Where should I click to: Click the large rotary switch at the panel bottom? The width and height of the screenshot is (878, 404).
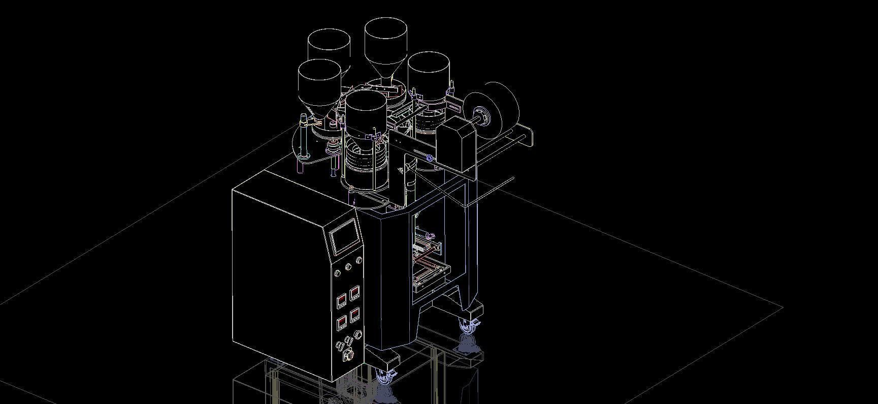click(348, 354)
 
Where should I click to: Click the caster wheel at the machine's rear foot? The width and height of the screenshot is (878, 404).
click(468, 326)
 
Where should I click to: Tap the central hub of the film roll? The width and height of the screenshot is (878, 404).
click(481, 116)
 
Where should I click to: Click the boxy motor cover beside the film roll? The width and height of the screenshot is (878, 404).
click(456, 145)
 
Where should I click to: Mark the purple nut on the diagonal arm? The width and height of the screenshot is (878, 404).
click(429, 159)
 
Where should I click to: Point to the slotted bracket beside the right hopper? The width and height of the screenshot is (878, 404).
click(453, 107)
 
